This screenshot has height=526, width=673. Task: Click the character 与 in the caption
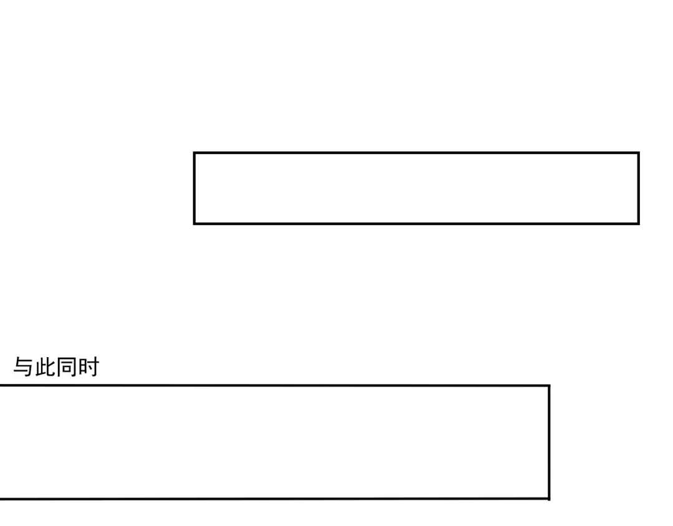[24, 367]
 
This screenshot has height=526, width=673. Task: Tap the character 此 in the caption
[45, 367]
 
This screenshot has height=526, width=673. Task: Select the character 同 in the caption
[67, 367]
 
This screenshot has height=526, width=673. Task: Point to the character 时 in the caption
[88, 367]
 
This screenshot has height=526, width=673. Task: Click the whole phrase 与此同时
[56, 367]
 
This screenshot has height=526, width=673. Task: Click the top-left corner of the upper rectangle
[194, 153]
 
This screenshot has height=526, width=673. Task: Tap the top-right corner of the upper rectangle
[639, 153]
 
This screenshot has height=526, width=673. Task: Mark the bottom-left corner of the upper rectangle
[194, 224]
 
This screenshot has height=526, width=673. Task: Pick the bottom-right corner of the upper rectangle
[639, 224]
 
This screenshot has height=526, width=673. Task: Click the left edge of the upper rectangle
[194, 188]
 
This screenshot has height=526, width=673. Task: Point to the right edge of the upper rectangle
[639, 188]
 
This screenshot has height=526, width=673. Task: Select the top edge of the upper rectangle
[416, 153]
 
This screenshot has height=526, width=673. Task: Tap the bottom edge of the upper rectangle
[416, 224]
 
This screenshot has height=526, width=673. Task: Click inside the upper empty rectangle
[416, 188]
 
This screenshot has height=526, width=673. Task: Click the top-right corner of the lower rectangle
[549, 386]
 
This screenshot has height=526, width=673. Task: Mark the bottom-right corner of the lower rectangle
[549, 499]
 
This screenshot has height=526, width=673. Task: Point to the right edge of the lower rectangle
[549, 442]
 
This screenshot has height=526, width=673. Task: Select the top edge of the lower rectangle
[275, 386]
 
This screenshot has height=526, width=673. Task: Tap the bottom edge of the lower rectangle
[275, 499]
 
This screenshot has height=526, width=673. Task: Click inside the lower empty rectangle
[275, 442]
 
